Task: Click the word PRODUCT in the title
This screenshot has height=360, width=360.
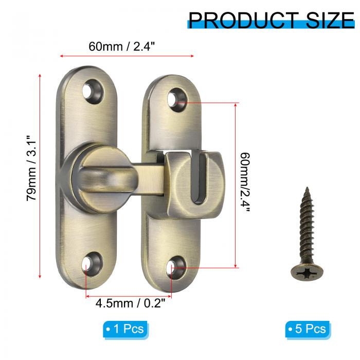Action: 243,21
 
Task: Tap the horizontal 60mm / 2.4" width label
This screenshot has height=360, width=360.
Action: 122,46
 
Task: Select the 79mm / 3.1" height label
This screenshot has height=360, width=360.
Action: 31,168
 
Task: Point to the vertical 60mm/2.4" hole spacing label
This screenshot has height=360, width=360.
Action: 245,183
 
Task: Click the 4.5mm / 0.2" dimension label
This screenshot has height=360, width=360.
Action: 130,303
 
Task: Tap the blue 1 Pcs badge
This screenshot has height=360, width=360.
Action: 125,329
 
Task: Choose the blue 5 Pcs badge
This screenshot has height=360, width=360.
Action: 308,329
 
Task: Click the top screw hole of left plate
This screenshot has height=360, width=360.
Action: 93,91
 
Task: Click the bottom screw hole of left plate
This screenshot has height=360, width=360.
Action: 91,264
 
